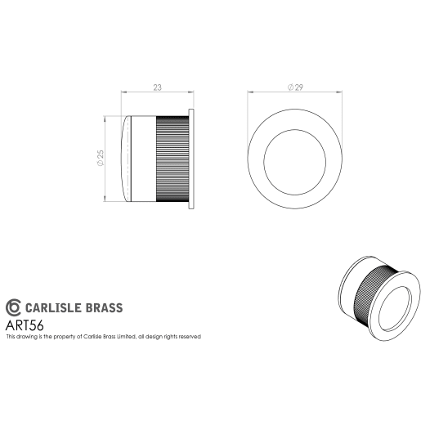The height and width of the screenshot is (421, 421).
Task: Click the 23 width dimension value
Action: coord(156,86)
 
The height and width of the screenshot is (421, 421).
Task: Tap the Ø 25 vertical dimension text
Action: coord(99,159)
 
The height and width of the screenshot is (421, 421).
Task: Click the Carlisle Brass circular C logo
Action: coord(14,307)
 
